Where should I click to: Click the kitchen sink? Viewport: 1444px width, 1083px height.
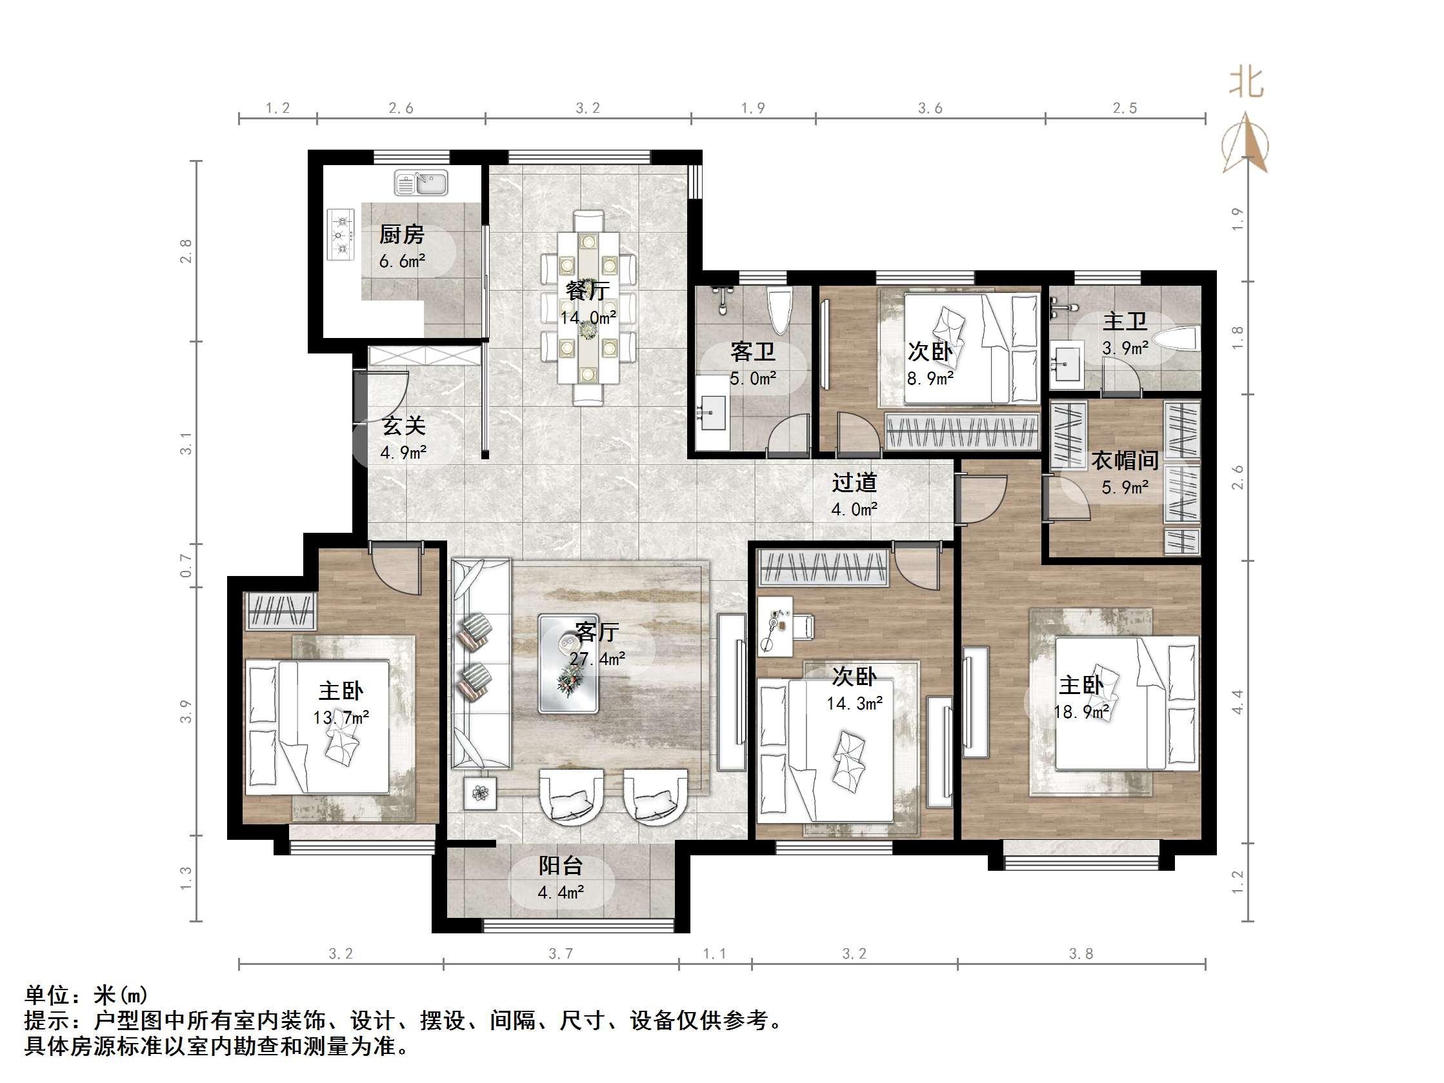[x=421, y=183]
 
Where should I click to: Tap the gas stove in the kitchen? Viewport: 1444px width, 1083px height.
[x=340, y=234]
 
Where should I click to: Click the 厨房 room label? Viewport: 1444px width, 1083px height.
[x=401, y=234]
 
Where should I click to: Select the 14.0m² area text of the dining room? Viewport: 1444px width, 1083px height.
[x=588, y=318]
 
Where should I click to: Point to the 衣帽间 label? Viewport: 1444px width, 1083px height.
[x=1125, y=461]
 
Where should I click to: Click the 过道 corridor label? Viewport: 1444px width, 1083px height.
[x=854, y=483]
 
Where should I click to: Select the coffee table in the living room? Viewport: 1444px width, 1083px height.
[x=568, y=662]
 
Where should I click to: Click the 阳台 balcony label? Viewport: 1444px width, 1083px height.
[x=560, y=866]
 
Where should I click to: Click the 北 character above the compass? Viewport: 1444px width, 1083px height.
[x=1245, y=84]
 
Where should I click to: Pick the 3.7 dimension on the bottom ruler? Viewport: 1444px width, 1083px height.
[x=560, y=954]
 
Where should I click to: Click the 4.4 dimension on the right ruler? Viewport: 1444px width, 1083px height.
[x=1237, y=702]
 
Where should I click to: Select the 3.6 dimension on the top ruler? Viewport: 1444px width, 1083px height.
[x=930, y=108]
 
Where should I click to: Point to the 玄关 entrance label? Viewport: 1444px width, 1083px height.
[x=403, y=426]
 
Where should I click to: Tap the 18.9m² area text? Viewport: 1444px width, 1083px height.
[x=1081, y=712]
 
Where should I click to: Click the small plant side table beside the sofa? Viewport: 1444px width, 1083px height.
[x=481, y=793]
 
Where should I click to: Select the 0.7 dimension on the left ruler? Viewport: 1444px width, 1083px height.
[x=186, y=565]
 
